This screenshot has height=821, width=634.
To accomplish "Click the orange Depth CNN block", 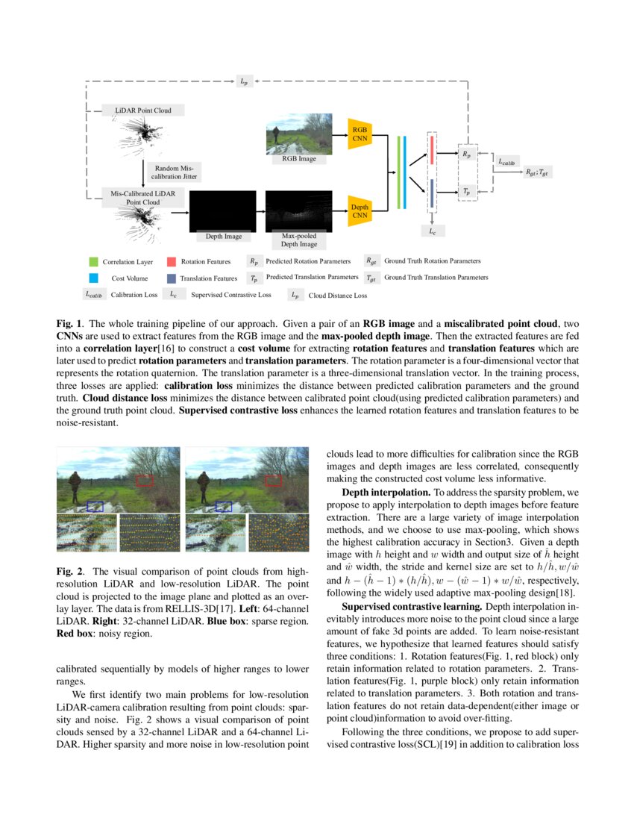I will pos(360,210).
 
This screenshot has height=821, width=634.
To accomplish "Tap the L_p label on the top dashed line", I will pos(244,81).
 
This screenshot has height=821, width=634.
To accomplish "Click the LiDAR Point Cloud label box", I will pos(142,110).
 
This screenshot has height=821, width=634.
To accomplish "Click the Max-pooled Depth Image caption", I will pos(298,240).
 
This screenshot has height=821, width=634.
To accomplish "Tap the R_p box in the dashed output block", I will pos(467,154).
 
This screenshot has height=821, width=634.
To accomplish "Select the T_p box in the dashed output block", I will pos(467,191).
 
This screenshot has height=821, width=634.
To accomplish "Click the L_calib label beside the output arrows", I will pos(506,160).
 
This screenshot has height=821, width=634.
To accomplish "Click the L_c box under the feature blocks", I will pos(432,231).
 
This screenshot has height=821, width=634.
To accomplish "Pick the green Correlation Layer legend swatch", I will pos(93,262).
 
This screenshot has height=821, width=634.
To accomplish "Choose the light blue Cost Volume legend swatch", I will pos(93,278).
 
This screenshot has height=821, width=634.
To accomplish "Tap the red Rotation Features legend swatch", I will pos(172,262).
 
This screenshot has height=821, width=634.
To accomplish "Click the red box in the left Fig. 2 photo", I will pos(145,481).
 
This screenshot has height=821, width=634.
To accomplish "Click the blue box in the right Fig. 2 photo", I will pos(223,507).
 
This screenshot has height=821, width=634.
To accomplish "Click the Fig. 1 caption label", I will pos(70,325).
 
